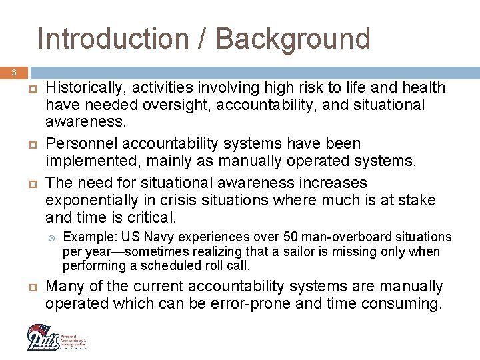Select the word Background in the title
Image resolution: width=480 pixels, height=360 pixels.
click(x=293, y=39)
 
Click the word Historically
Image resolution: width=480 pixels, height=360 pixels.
click(x=84, y=88)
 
